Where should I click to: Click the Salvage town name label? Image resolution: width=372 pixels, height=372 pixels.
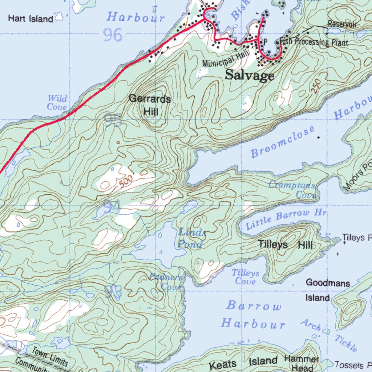[250, 76]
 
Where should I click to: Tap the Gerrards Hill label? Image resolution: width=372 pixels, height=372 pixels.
[150, 105]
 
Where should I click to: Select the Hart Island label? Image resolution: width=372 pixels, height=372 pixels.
[31, 19]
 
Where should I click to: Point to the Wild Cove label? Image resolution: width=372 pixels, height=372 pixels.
[57, 102]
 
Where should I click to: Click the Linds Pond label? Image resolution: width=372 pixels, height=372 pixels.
[191, 238]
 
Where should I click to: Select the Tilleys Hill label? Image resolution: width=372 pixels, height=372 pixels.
[285, 245]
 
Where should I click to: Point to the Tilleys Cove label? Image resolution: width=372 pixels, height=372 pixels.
[246, 277]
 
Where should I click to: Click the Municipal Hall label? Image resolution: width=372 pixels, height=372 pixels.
[225, 59]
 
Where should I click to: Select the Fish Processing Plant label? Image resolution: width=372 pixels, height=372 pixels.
[314, 42]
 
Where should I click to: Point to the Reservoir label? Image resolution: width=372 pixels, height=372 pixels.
[342, 24]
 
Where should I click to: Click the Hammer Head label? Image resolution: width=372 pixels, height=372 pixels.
[302, 363]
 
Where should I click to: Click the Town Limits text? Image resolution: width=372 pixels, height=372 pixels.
[49, 357]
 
